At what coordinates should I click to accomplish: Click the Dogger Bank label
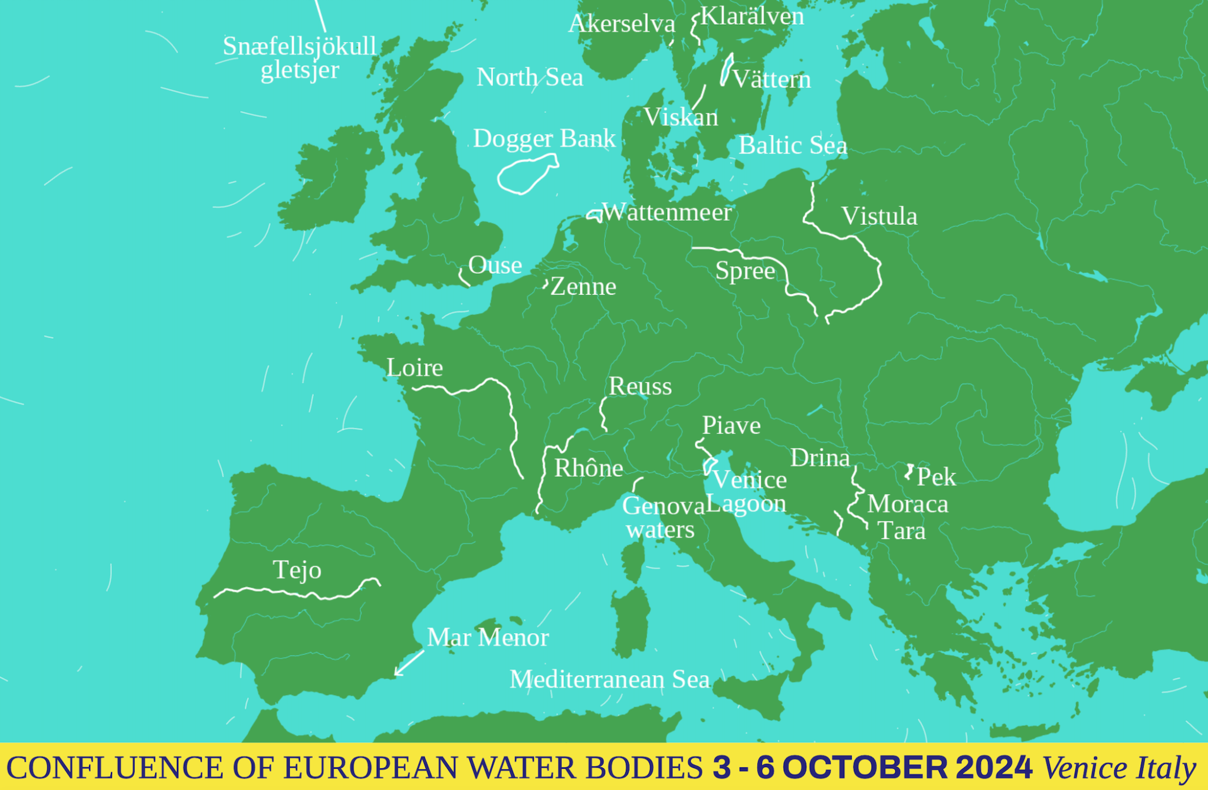pos(544,139)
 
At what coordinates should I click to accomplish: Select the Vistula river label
pos(879,217)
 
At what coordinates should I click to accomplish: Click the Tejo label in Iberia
pos(297,571)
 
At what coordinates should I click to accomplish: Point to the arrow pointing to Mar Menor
pos(409,663)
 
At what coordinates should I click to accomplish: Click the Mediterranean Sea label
pos(609,680)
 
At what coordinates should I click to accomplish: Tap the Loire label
pos(415,368)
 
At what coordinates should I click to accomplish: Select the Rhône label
pos(589,468)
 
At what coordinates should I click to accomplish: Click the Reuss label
pos(640,387)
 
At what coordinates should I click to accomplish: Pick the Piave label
pos(731,426)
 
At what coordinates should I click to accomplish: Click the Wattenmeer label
pos(667,212)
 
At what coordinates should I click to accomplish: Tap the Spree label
pos(745,271)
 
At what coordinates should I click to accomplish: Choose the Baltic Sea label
pos(793,146)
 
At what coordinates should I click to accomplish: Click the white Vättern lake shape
pos(727,69)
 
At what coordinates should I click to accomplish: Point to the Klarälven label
pos(752,17)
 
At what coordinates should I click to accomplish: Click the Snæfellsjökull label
pos(299,47)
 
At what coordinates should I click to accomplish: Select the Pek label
pos(936,477)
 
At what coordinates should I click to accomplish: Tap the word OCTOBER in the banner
pos(865,767)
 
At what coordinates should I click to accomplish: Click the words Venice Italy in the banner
pos(1119,768)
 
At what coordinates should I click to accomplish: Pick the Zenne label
pos(583,287)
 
